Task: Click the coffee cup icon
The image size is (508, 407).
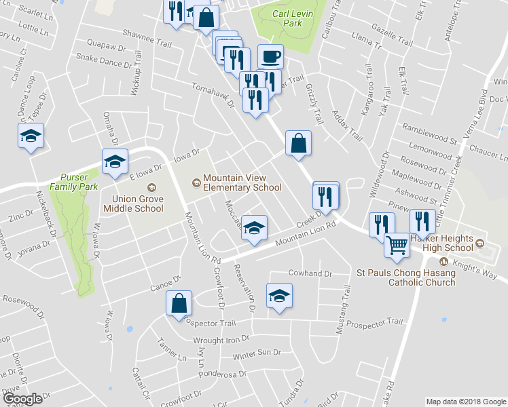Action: click(x=270, y=56)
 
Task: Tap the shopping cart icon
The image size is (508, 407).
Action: click(x=397, y=244)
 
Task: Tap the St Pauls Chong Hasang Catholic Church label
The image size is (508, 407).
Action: click(x=406, y=277)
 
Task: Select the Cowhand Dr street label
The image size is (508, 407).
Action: click(x=308, y=274)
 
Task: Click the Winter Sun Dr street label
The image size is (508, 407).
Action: click(x=256, y=353)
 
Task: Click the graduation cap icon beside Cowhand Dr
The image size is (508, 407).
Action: click(x=278, y=296)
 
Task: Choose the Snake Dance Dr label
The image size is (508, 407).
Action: click(x=103, y=61)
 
